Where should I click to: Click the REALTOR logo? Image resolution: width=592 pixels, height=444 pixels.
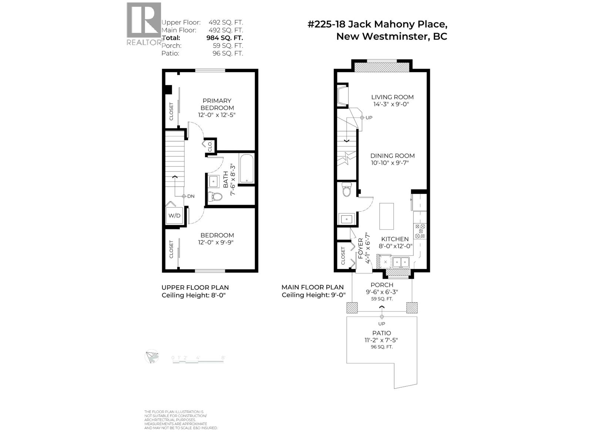[x=144, y=23]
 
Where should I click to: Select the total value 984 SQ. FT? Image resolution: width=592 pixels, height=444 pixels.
[x=224, y=38]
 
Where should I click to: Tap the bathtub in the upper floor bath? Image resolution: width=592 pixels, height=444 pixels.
[x=246, y=169]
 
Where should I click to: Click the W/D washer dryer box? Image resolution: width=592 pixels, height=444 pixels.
[x=174, y=215]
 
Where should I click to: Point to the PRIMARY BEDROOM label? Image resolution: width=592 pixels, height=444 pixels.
[x=217, y=104]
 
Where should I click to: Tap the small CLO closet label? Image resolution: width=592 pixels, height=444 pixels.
[x=210, y=146]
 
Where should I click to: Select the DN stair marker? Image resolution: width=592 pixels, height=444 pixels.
[x=188, y=196]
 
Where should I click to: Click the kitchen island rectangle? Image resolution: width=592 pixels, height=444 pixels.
[x=387, y=216]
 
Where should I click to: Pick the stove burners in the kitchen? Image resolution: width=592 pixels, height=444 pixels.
[x=421, y=231]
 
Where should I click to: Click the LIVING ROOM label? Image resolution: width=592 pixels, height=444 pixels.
[x=392, y=97]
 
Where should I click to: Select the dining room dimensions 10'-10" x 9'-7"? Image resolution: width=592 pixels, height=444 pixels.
[x=392, y=163]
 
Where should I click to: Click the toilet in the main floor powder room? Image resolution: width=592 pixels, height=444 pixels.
[x=347, y=190]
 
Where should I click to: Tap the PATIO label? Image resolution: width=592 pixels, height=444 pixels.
[x=381, y=333]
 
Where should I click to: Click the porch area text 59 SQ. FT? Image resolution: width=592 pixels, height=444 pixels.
[x=382, y=299]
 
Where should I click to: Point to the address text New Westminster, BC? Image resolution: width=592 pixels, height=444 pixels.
[x=391, y=37]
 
